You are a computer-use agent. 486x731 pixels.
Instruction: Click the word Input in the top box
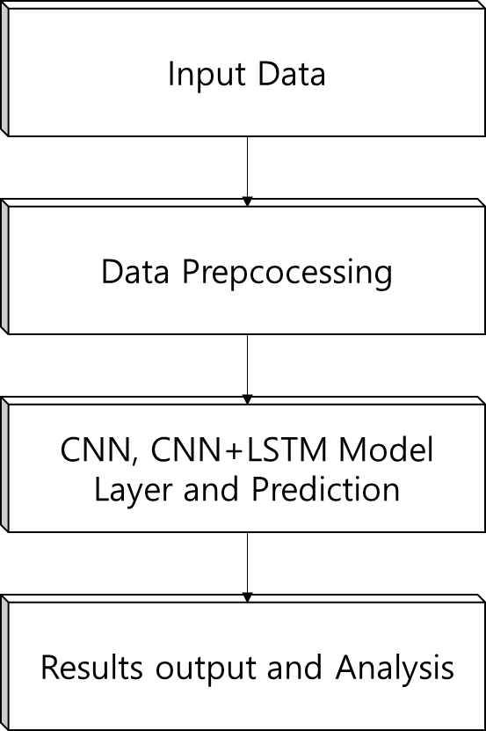[207, 75]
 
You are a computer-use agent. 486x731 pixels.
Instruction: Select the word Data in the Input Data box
[292, 74]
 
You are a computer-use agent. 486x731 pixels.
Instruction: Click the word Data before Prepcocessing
[135, 271]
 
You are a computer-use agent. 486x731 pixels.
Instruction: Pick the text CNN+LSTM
[239, 450]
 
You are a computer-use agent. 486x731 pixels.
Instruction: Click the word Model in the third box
[387, 450]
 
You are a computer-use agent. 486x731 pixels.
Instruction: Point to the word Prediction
[326, 489]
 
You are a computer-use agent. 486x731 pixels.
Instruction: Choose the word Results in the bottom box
[91, 668]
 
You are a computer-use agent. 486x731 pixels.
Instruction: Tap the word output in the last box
[206, 669]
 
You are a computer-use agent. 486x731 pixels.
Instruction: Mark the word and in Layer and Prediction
[212, 489]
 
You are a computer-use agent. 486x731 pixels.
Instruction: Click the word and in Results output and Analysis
[294, 668]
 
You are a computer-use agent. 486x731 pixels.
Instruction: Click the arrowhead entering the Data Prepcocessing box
[248, 201]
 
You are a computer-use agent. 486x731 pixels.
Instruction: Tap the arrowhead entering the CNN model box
[248, 399]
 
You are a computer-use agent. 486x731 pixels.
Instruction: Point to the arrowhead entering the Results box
[248, 597]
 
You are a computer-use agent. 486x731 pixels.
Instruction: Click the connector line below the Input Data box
[248, 167]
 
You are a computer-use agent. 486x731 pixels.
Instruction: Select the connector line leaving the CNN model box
[248, 563]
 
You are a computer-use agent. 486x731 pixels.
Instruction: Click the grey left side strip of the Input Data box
[4, 69]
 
